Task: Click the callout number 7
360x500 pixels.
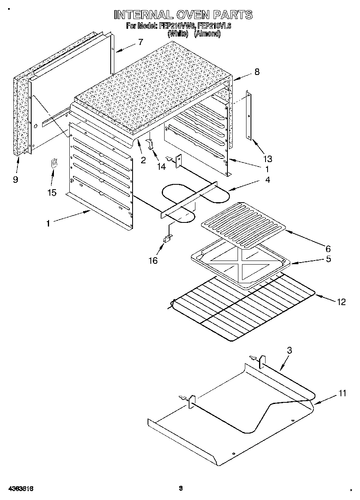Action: [140, 42]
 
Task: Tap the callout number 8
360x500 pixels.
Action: [257, 72]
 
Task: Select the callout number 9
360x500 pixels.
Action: [15, 179]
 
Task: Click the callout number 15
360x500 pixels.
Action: [52, 192]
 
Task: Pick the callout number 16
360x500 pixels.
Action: [153, 260]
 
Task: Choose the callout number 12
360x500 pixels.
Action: [341, 301]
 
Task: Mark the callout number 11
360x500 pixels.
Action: [343, 393]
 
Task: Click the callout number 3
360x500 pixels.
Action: [289, 351]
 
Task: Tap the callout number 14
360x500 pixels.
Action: [161, 166]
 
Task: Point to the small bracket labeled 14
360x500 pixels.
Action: [150, 144]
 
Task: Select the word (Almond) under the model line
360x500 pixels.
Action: [207, 34]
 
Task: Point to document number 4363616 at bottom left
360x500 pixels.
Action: [20, 489]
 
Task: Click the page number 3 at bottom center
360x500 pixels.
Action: [181, 488]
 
